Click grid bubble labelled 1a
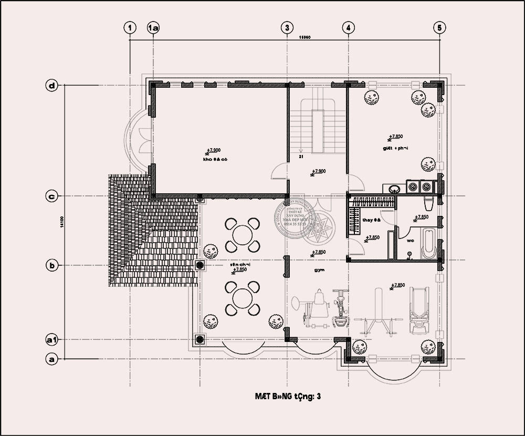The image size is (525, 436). [x=153, y=27]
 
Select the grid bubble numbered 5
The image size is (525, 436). [x=440, y=27]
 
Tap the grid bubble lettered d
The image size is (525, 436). [x=51, y=86]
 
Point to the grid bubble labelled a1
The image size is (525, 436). [x=51, y=340]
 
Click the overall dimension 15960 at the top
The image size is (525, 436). [x=305, y=37]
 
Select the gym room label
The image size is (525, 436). [x=320, y=270]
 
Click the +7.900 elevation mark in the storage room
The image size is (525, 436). [x=213, y=150]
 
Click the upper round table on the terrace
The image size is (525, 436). [x=242, y=234]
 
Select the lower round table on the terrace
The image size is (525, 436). [x=242, y=297]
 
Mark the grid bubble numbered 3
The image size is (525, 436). [x=286, y=27]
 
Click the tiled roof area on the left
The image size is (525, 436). [x=152, y=236]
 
